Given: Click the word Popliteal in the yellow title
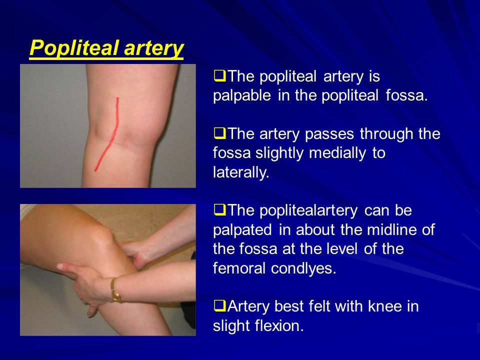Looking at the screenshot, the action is (x=74, y=48).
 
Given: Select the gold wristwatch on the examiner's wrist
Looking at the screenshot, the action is (x=115, y=290).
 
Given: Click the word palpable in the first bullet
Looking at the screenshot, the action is (x=242, y=96).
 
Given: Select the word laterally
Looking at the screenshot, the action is (x=241, y=172).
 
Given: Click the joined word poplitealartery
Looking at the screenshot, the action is (x=308, y=211).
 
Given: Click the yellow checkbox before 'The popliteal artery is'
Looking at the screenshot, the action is (x=219, y=75).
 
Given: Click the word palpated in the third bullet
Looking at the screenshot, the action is (x=242, y=230).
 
